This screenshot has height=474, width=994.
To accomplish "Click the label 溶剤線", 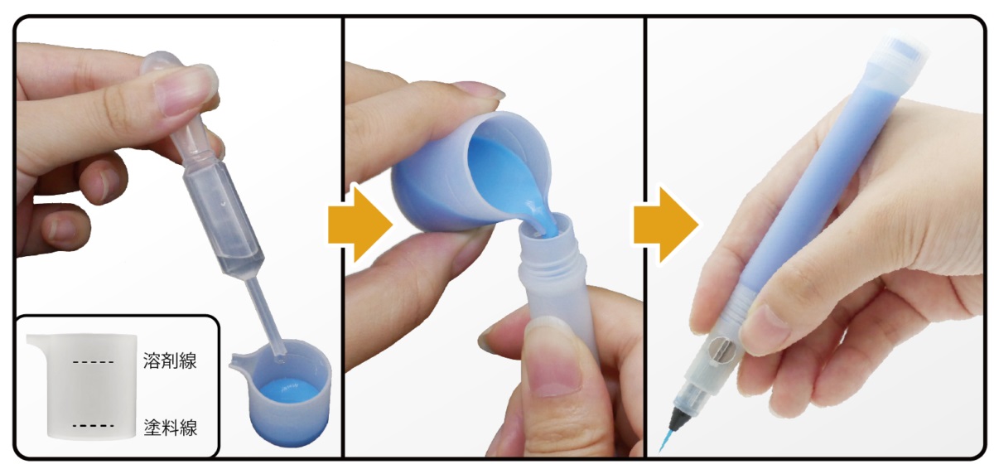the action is coord(170,360).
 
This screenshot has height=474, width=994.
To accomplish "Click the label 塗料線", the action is coord(171,428).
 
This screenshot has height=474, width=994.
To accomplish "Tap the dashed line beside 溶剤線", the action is coord(93,363).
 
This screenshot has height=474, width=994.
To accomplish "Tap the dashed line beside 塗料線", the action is coord(93,426).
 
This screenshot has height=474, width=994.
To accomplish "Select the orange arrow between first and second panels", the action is coord(359,224).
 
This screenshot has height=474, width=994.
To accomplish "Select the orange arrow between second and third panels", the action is coord(665,225).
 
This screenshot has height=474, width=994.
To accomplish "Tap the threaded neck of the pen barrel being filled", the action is coord(551,262).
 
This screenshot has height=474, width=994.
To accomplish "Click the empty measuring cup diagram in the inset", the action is coord(82,386).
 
